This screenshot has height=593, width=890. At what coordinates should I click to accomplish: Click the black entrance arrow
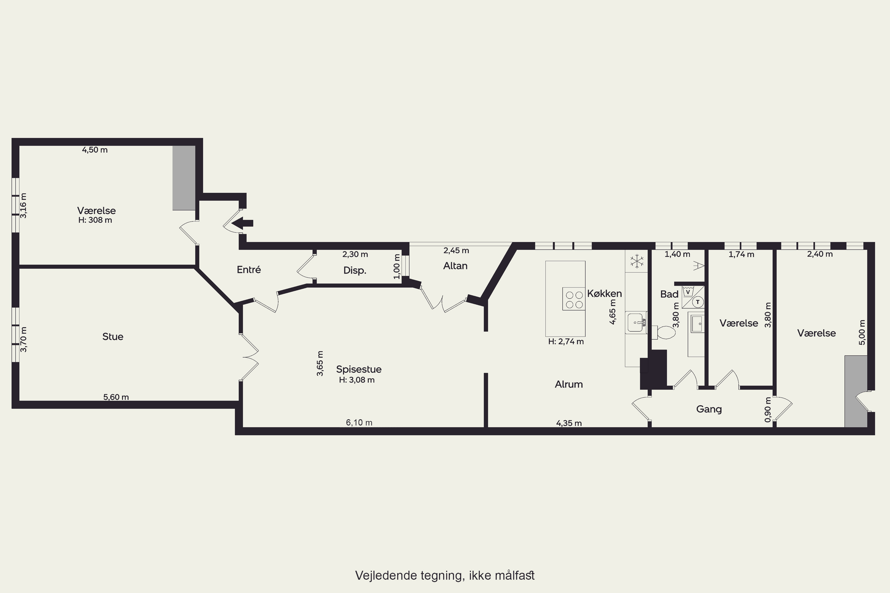[x=242, y=223]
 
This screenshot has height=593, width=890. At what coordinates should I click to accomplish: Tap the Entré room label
[x=249, y=270]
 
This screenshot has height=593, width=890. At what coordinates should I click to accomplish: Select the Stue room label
[x=113, y=337]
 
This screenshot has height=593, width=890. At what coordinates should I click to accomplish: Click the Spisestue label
[x=359, y=369]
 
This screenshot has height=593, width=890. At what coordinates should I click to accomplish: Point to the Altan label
[x=455, y=266]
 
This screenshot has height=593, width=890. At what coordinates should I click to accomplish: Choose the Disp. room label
[x=355, y=270]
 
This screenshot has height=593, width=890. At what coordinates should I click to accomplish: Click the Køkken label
[x=604, y=294]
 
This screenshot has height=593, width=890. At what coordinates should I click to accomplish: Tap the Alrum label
[x=569, y=384]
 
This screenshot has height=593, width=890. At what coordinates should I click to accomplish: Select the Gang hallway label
[x=709, y=409]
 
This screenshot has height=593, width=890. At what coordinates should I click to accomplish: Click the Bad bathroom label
[x=669, y=294]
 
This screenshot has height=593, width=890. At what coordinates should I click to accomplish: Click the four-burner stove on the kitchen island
[x=574, y=299]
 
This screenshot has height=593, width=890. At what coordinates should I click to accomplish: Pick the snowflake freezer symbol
[x=637, y=261]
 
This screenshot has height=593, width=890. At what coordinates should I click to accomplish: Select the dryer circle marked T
[x=698, y=302]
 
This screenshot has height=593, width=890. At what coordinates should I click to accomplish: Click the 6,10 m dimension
[x=359, y=423]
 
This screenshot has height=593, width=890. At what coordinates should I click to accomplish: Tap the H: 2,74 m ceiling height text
[x=566, y=342]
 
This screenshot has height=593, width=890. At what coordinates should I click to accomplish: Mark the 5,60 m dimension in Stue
[x=116, y=397]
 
